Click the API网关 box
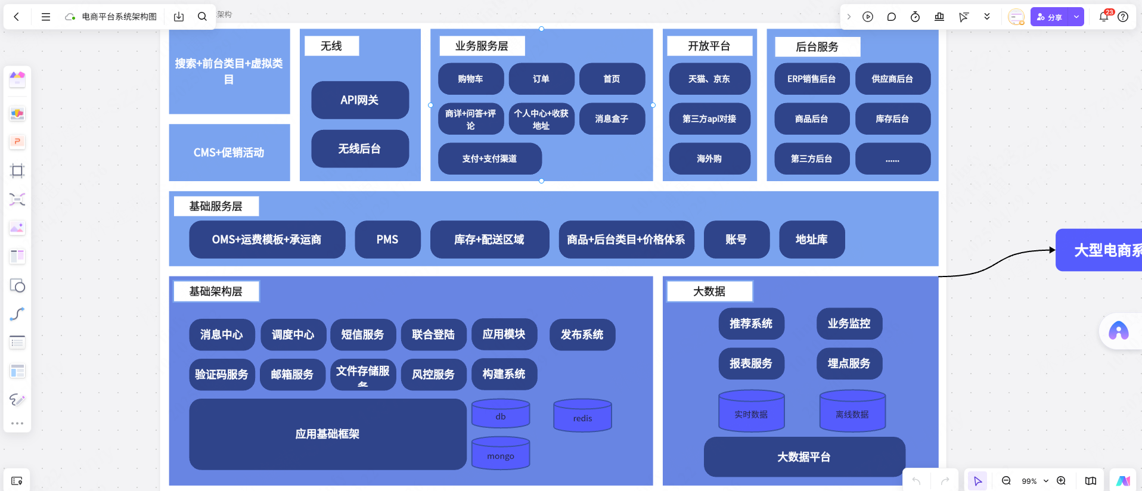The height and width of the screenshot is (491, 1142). click(x=360, y=100)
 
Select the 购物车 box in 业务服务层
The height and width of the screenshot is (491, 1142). click(x=471, y=79)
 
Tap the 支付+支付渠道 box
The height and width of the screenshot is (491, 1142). click(x=489, y=159)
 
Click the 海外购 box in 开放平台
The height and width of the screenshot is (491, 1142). click(x=709, y=159)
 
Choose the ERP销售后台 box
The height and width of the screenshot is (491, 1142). click(x=811, y=79)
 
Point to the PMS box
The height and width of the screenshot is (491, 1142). click(x=387, y=240)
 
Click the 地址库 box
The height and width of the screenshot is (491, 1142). click(x=811, y=240)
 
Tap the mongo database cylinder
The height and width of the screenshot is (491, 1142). click(x=501, y=454)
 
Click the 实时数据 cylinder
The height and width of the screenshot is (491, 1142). click(x=751, y=412)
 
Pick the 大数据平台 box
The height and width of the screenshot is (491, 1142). click(x=804, y=457)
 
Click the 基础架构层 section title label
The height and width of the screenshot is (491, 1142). click(x=216, y=291)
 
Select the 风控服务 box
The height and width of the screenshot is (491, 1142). click(x=433, y=374)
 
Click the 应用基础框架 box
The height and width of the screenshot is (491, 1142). click(x=327, y=434)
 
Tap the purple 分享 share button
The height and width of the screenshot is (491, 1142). click(x=1050, y=17)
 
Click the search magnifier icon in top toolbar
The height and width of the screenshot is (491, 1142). click(x=202, y=17)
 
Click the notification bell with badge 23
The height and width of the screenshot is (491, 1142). click(x=1103, y=17)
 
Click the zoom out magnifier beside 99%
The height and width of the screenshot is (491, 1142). click(x=1006, y=481)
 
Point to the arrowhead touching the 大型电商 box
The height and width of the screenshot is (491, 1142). click(x=1052, y=250)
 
